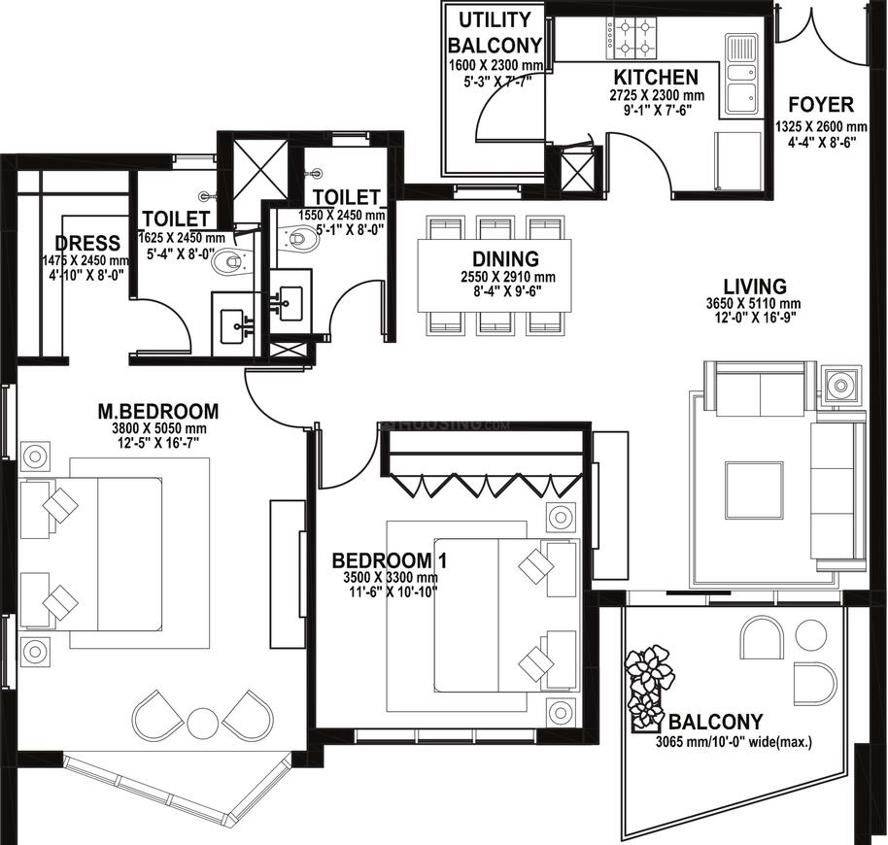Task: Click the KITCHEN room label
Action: click(657, 77)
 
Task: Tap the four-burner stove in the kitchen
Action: click(632, 39)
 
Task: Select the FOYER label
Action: click(821, 105)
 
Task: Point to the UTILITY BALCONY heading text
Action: click(495, 32)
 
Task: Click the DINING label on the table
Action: click(506, 258)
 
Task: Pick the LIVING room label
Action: click(755, 286)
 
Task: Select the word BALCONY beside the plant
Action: click(715, 723)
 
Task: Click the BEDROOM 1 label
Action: click(389, 560)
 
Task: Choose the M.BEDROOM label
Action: click(158, 411)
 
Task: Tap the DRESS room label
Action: click(87, 244)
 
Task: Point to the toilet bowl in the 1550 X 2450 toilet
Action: click(298, 238)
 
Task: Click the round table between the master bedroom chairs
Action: click(203, 723)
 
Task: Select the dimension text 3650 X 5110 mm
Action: click(753, 304)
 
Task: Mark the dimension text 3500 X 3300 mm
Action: click(391, 579)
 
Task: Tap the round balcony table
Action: click(810, 635)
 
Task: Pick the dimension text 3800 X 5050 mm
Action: click(159, 428)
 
